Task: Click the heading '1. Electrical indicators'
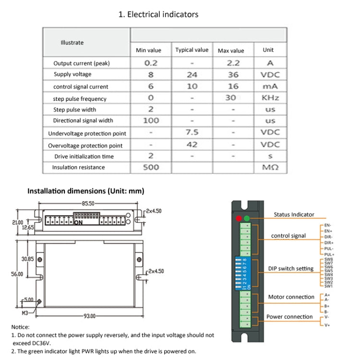click(x=158, y=14)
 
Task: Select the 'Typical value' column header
click(x=192, y=50)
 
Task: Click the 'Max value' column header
click(x=231, y=50)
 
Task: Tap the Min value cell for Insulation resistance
click(x=151, y=167)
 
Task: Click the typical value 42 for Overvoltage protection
click(x=192, y=144)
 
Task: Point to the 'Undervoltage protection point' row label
click(x=87, y=133)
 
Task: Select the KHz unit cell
click(x=269, y=97)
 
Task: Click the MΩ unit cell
click(x=269, y=168)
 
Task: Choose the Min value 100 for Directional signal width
click(x=151, y=120)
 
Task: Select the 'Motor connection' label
click(x=291, y=297)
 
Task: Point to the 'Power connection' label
click(x=289, y=317)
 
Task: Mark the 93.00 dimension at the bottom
click(x=90, y=316)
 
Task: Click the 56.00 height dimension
click(x=17, y=274)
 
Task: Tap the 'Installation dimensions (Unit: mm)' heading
click(x=85, y=191)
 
